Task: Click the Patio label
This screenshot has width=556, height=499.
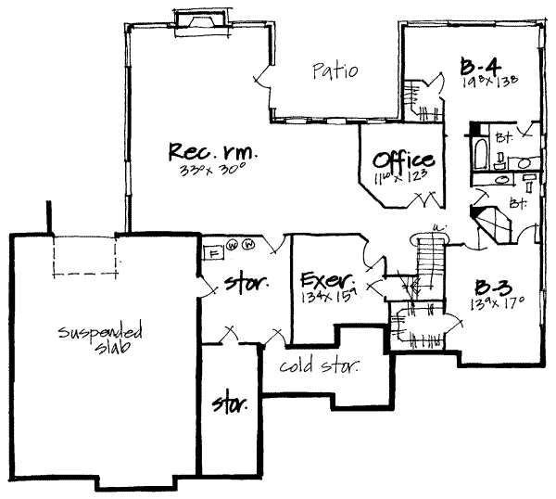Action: [x=335, y=70]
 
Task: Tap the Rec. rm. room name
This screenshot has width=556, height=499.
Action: [x=212, y=151]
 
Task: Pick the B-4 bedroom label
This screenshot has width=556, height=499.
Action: [x=479, y=65]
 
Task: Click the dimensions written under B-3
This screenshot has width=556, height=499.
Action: [x=497, y=302]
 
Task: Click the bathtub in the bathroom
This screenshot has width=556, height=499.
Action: [x=479, y=153]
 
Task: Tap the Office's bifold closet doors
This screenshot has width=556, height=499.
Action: [x=430, y=198]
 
